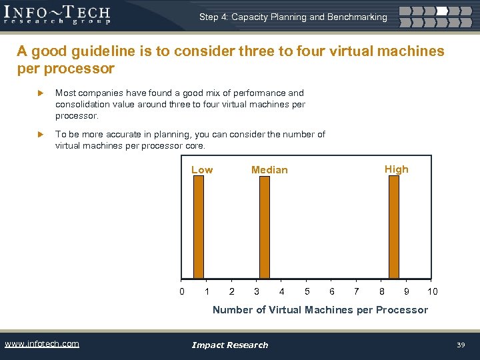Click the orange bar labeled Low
pos(198,227)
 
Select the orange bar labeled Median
pos(264,227)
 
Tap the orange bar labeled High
pos(393,227)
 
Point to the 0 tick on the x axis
pos(181,291)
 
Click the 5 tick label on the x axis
pos(307,291)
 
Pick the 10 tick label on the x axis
pos(433,291)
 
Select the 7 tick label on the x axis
pos(357,291)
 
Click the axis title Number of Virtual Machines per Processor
pos(320,309)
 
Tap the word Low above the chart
pos(202,170)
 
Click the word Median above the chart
pos(269,170)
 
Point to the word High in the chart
pos(396,169)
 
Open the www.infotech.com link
pos(42,344)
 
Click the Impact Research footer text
pos(230,345)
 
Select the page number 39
pos(461,345)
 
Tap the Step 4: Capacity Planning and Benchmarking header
pos(293,17)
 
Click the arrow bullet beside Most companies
pos(40,93)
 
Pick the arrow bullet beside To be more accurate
pos(40,135)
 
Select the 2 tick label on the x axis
pos(231,291)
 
